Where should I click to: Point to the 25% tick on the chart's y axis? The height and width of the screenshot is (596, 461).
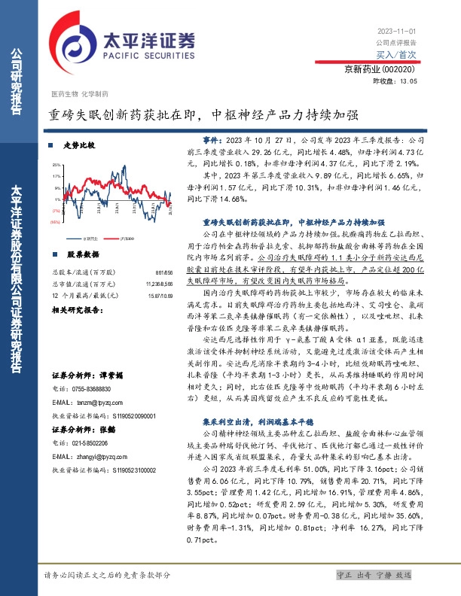coord(56,165)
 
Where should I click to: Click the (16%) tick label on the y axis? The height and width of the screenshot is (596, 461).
coord(55,223)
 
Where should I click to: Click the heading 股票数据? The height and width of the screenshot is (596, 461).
coord(78,254)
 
